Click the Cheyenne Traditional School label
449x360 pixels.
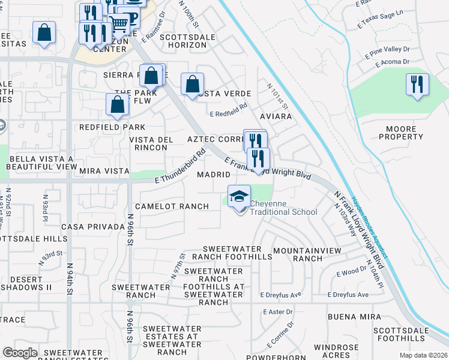[x=283, y=208]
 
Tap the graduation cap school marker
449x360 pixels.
[x=239, y=197]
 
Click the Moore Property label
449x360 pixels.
[x=401, y=133]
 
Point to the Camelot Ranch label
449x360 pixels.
[x=172, y=206]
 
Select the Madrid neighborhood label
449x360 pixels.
[x=214, y=175]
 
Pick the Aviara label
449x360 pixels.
[x=276, y=116]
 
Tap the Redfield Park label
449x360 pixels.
[x=112, y=127]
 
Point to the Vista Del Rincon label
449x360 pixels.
[x=152, y=143]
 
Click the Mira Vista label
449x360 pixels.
[x=104, y=171]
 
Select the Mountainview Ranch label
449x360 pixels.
[x=307, y=254]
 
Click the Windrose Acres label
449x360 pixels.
[x=353, y=352]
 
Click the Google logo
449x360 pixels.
[x=20, y=353]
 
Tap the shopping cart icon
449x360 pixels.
[x=119, y=24]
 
